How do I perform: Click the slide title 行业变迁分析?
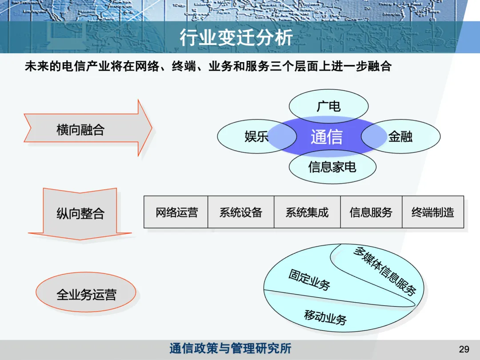point(236,38)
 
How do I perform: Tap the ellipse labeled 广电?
point(328,106)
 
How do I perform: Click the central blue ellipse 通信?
point(327,137)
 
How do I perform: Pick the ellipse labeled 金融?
point(400,136)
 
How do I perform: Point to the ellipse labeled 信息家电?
point(332,167)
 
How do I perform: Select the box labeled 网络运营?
point(176,212)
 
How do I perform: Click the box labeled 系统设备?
point(241,212)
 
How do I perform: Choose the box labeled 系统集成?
point(307,212)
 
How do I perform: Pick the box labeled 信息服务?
point(371,212)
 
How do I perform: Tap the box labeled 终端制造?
point(433,212)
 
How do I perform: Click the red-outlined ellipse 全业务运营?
point(86,294)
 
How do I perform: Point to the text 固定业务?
point(309,280)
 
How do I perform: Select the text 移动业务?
point(325,316)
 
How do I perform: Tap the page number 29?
point(464,349)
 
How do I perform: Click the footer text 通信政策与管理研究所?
point(230,348)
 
